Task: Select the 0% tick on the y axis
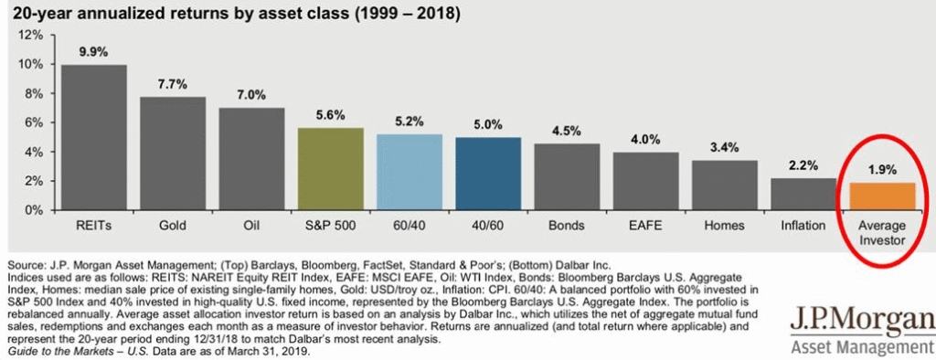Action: [x=34, y=210]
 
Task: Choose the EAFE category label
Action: [x=645, y=224]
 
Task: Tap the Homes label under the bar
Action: [x=724, y=224]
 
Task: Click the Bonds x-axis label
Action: [x=567, y=224]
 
